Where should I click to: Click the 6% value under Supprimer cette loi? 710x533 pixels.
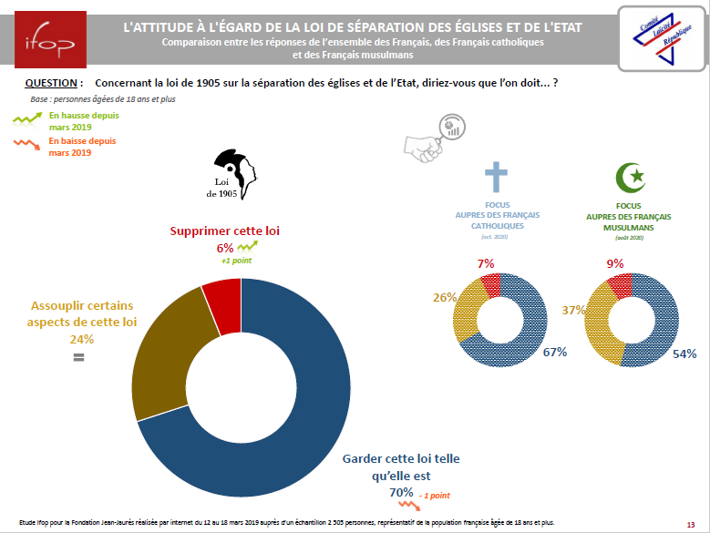(x=224, y=248)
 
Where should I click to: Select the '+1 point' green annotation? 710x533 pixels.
(x=235, y=261)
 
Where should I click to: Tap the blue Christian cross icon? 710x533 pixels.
(x=496, y=179)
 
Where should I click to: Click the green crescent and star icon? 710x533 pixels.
(x=631, y=179)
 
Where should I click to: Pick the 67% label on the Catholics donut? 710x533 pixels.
(x=556, y=352)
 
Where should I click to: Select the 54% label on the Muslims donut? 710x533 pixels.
(x=684, y=353)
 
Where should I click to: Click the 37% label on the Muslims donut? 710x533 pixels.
(x=572, y=310)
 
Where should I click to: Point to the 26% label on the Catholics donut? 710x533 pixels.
(x=444, y=297)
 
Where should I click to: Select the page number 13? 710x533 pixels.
(x=690, y=525)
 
